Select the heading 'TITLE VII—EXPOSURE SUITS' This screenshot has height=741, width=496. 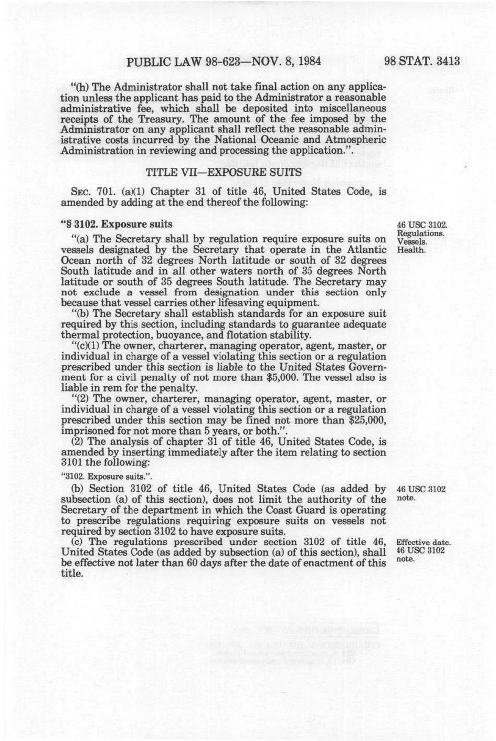[223, 172]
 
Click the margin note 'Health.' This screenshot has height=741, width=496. [410, 249]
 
